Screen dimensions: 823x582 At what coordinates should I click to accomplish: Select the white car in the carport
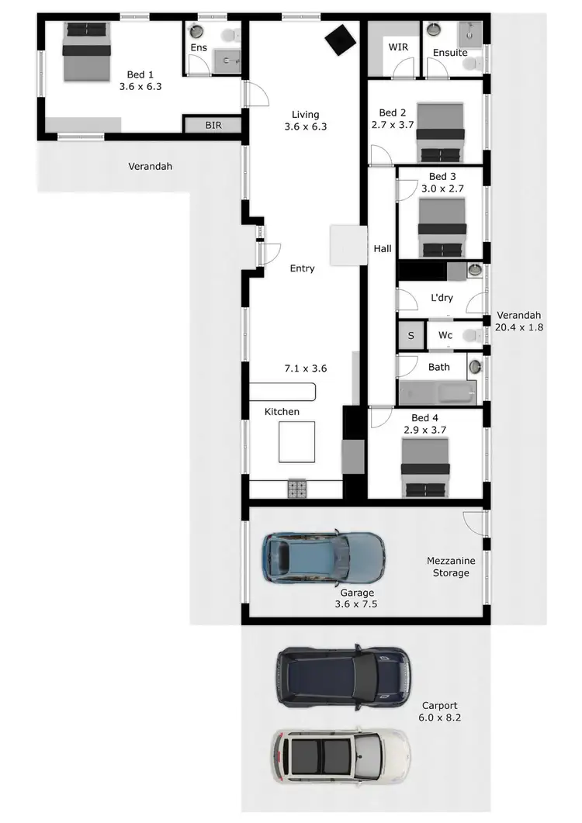340,756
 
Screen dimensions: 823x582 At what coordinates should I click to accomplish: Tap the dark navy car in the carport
342,676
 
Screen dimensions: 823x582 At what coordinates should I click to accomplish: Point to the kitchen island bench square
297,441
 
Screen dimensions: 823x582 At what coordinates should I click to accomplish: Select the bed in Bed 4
424,468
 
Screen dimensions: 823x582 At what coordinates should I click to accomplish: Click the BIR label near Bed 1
213,125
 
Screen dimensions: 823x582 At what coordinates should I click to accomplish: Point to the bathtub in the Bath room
436,392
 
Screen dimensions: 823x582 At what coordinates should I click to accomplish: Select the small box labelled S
411,336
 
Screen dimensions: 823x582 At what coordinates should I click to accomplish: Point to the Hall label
383,249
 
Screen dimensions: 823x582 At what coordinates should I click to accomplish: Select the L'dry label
441,298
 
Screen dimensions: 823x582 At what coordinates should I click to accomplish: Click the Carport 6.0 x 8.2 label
442,712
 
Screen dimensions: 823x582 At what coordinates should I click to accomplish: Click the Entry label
302,268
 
